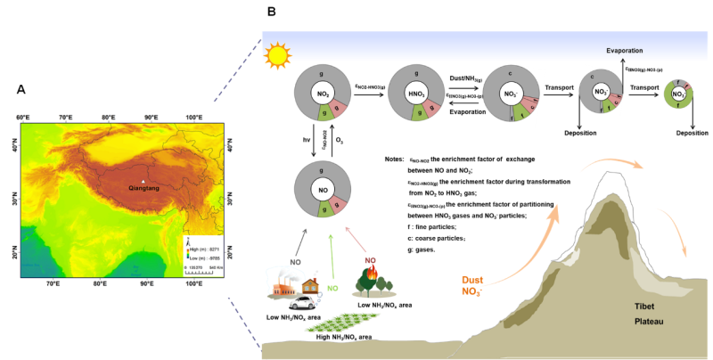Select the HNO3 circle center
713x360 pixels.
coord(416,94)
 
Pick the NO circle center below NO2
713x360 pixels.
coord(323,189)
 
